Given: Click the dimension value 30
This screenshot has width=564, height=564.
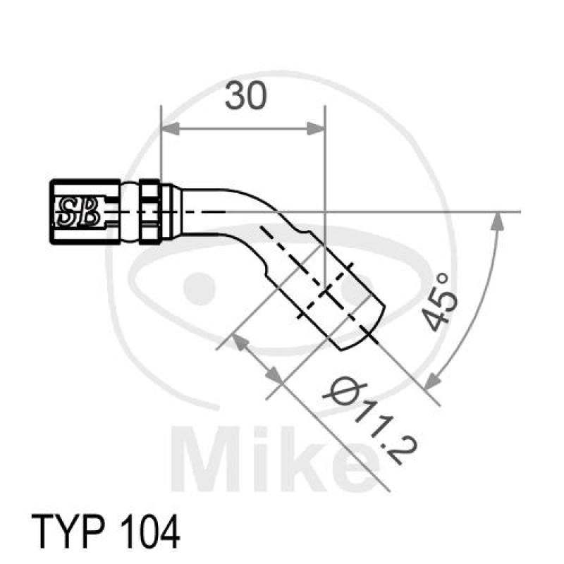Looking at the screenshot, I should (x=246, y=97).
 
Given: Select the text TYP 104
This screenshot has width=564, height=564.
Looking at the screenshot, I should (x=106, y=531).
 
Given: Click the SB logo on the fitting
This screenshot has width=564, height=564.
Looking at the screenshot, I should (x=78, y=210).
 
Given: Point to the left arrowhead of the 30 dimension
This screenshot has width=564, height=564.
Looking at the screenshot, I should (x=169, y=129).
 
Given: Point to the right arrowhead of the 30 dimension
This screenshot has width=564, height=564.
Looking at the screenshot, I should (x=317, y=129).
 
